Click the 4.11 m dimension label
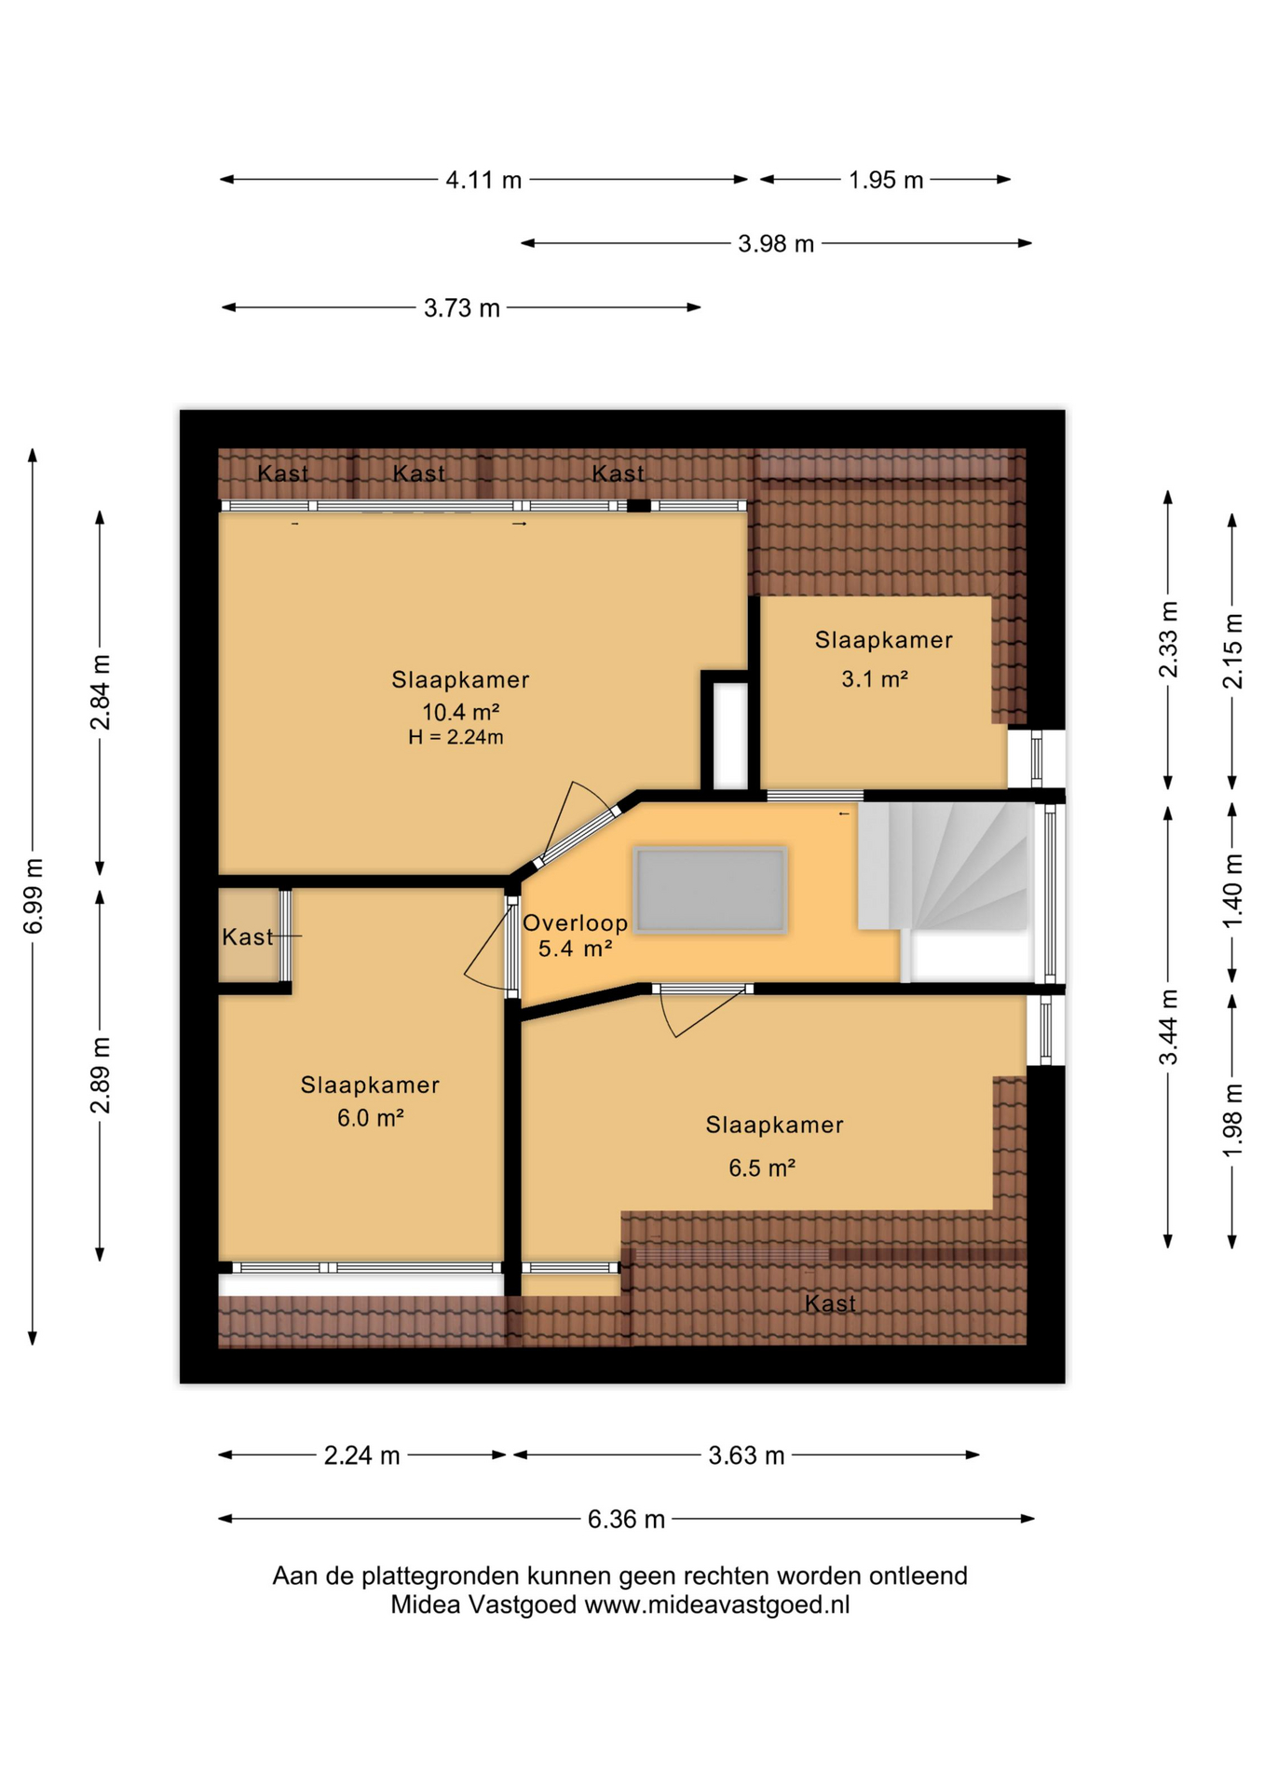pyautogui.click(x=483, y=180)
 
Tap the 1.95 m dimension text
pyautogui.click(x=886, y=180)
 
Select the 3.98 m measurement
pyautogui.click(x=776, y=244)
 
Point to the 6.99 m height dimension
pyautogui.click(x=34, y=895)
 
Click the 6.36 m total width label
pyautogui.click(x=626, y=1520)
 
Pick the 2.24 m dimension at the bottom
pyautogui.click(x=361, y=1455)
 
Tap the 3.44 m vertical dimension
pyautogui.click(x=1168, y=1027)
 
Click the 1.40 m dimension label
pyautogui.click(x=1232, y=891)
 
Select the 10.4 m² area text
pyautogui.click(x=461, y=713)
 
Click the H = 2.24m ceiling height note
pyautogui.click(x=456, y=738)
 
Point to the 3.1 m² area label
pyautogui.click(x=875, y=679)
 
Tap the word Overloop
pyautogui.click(x=576, y=923)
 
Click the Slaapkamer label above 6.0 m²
pyautogui.click(x=370, y=1086)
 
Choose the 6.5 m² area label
pyautogui.click(x=762, y=1168)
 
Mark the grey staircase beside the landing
pyautogui.click(x=943, y=867)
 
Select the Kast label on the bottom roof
pyautogui.click(x=830, y=1304)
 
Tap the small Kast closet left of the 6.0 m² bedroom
pyautogui.click(x=250, y=935)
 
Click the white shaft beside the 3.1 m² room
pyautogui.click(x=731, y=736)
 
